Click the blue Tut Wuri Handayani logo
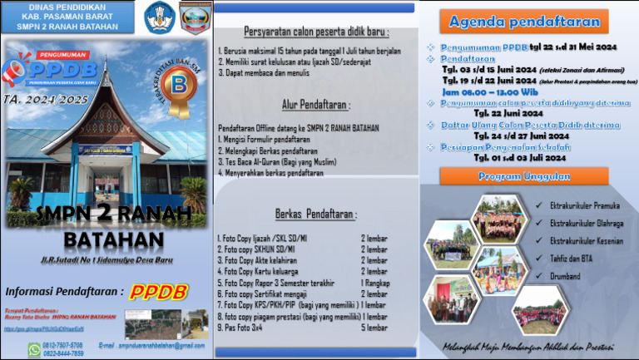point(160,17)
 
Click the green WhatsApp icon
point(33,349)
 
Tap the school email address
point(151,344)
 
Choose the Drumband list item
point(566,274)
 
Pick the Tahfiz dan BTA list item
point(572,258)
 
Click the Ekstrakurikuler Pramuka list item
point(585,205)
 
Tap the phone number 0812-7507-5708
point(63,344)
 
